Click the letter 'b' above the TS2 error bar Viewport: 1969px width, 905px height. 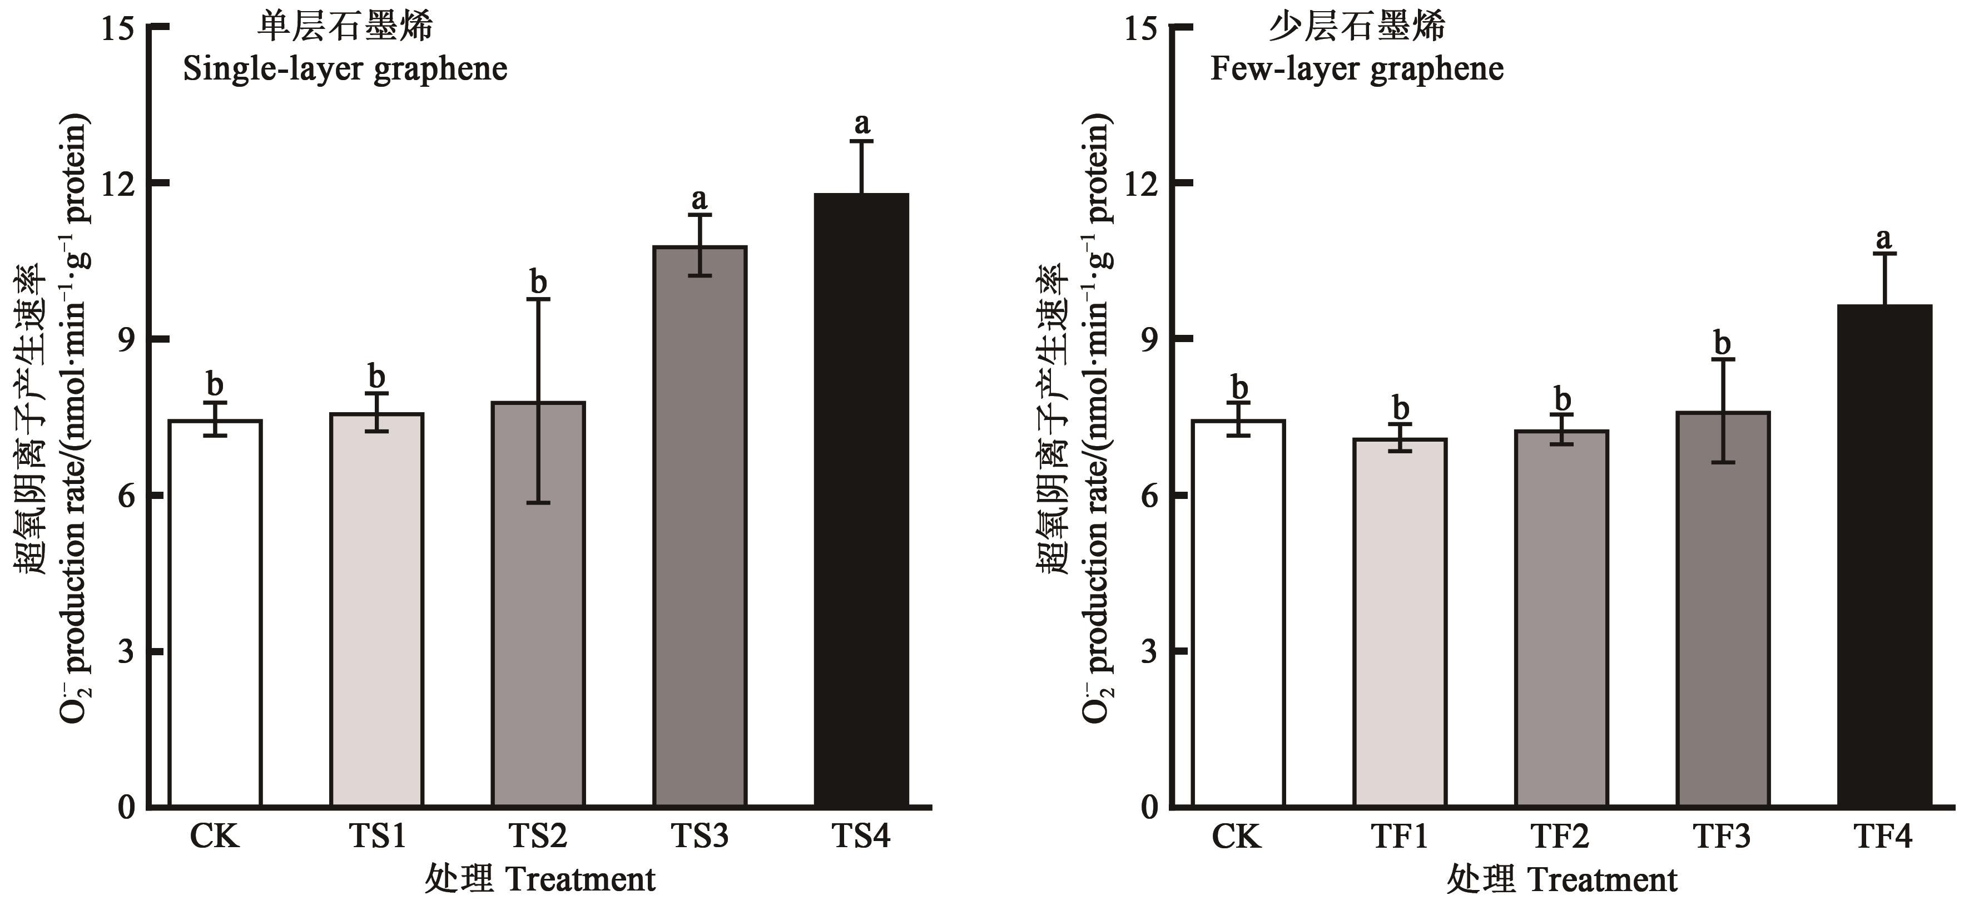tap(539, 283)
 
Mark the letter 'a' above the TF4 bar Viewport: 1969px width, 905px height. tap(1884, 239)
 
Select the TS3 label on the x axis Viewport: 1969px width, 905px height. tap(700, 836)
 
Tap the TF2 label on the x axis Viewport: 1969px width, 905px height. tap(1560, 836)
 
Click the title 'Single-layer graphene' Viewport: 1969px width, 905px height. tap(345, 70)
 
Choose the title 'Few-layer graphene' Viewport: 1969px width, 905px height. tap(1357, 70)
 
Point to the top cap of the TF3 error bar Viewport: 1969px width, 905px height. tap(1722, 359)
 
